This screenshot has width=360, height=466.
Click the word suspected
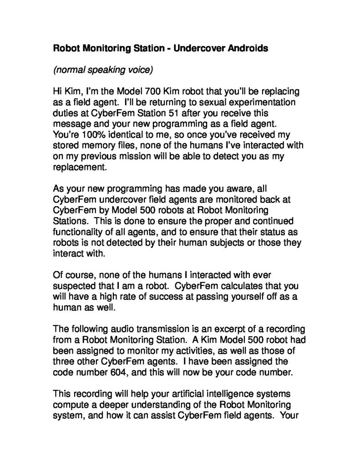pos(75,286)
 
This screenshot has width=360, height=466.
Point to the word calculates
pos(233,286)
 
